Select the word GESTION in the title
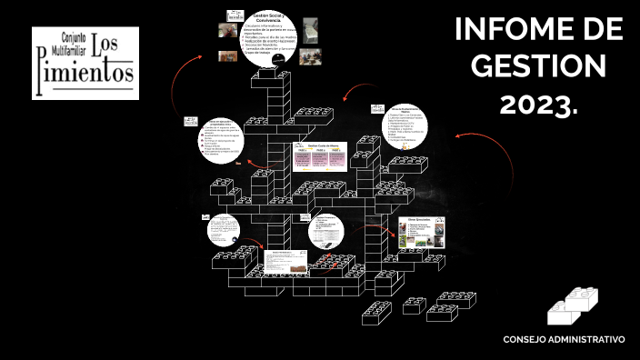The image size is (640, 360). pyautogui.click(x=538, y=66)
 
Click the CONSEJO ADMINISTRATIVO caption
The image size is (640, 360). pyautogui.click(x=564, y=339)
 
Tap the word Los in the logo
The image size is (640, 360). pyautogui.click(x=115, y=45)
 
